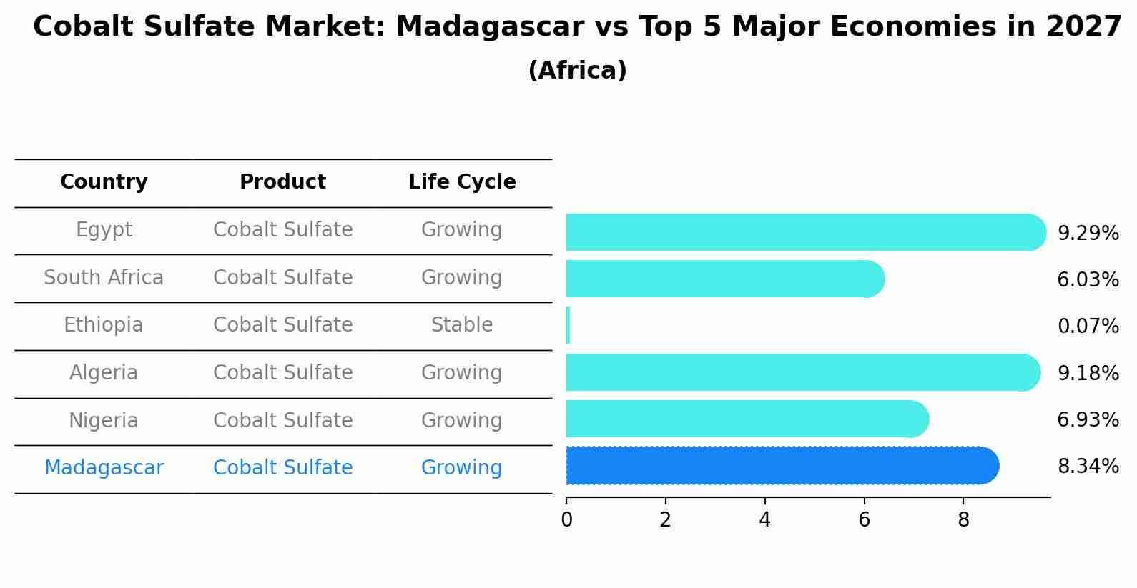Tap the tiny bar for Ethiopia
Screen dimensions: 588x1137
(x=568, y=325)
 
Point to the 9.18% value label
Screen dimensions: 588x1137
(x=1088, y=373)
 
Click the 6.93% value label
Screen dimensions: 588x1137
(x=1088, y=419)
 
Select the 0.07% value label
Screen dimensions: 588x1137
(x=1088, y=327)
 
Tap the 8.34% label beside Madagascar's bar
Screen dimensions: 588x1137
(x=1088, y=467)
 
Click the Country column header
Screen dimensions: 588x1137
(x=104, y=182)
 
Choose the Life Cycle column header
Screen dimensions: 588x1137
(x=462, y=182)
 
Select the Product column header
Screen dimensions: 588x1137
(x=282, y=182)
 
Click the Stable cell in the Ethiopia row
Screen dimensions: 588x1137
(x=462, y=325)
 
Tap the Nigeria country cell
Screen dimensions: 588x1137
(x=104, y=420)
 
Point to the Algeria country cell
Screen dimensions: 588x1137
(x=104, y=373)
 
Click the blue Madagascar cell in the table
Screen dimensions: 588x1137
(x=104, y=468)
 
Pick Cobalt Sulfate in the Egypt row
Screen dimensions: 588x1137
(x=282, y=230)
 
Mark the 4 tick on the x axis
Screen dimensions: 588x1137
(x=764, y=519)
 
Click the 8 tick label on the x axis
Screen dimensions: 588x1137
(x=963, y=519)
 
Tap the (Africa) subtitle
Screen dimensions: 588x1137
(x=577, y=71)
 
